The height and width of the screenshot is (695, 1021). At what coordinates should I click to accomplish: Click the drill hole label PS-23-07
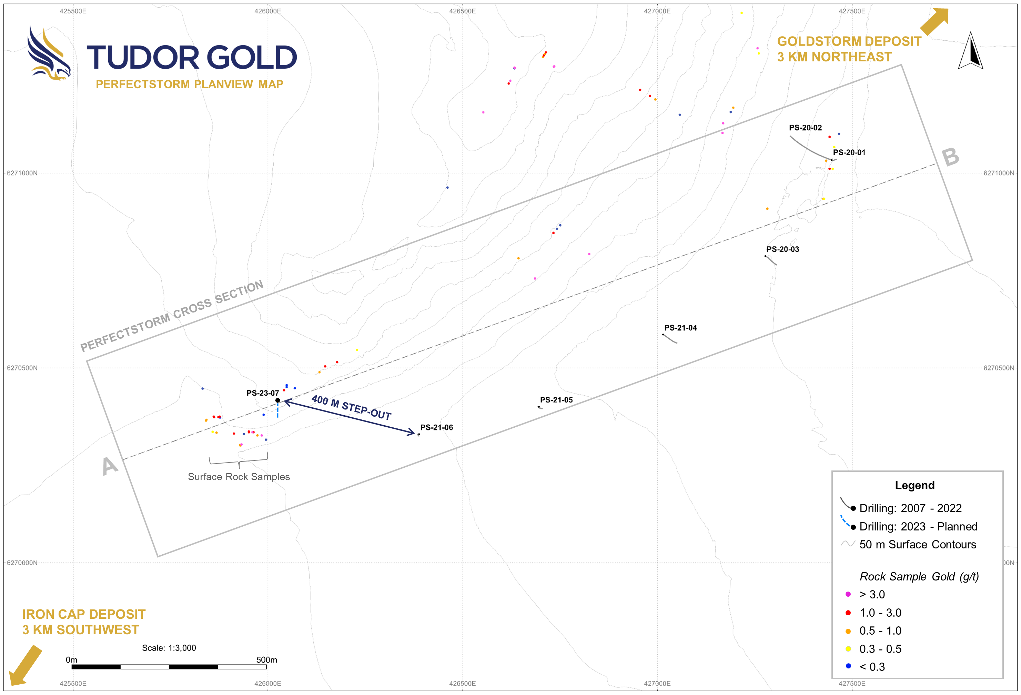tap(262, 393)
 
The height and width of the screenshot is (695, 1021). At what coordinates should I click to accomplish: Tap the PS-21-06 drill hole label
tap(436, 427)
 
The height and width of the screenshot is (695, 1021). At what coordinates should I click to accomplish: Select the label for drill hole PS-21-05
tap(556, 400)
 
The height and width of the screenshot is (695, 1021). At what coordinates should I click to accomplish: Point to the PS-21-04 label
tap(680, 328)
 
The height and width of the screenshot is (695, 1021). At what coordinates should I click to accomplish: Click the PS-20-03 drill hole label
tap(782, 249)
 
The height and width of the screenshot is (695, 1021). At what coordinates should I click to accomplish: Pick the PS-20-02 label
tap(805, 128)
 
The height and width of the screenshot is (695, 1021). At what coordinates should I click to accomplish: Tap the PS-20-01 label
tap(849, 152)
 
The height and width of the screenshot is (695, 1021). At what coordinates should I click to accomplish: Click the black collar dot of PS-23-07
tap(278, 400)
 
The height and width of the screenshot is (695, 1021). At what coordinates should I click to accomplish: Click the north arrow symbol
tap(970, 51)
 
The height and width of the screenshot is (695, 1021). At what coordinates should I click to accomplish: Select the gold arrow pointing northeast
tap(934, 21)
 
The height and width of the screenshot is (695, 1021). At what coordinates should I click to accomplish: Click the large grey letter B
tap(950, 157)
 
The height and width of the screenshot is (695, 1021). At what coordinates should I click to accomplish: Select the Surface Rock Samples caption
tap(239, 477)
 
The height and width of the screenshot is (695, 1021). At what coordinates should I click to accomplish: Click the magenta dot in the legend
tap(848, 594)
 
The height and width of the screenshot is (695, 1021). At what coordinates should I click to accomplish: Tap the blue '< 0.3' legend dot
tap(848, 666)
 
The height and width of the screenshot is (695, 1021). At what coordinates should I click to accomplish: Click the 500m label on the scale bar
tap(267, 659)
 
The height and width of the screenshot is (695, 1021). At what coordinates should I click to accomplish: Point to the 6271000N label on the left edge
tap(22, 173)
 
